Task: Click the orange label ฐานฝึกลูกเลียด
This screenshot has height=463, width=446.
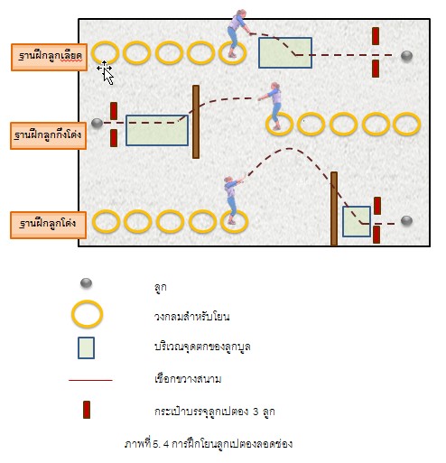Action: (49, 57)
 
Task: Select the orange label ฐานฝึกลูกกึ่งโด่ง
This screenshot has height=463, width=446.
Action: (49, 135)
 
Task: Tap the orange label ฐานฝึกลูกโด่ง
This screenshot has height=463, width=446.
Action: (49, 225)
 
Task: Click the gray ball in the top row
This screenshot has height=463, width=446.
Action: (406, 56)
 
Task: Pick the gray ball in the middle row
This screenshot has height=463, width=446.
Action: (97, 123)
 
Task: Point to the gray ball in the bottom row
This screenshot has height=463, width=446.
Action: (406, 221)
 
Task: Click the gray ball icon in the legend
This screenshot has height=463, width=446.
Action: (86, 283)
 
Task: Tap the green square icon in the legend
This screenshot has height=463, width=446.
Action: (86, 347)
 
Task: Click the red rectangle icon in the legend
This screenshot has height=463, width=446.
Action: (87, 410)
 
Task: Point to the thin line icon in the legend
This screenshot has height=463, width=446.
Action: (90, 380)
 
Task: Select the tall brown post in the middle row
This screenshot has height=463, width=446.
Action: (196, 122)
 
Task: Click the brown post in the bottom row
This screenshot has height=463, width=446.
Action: (334, 208)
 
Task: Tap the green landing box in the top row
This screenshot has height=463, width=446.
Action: (285, 52)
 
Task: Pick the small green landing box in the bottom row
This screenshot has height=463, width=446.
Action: (357, 221)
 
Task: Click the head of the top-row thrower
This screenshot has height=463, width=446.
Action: (241, 13)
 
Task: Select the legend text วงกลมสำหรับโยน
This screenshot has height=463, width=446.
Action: (192, 317)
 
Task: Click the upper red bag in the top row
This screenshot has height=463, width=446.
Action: (376, 36)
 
